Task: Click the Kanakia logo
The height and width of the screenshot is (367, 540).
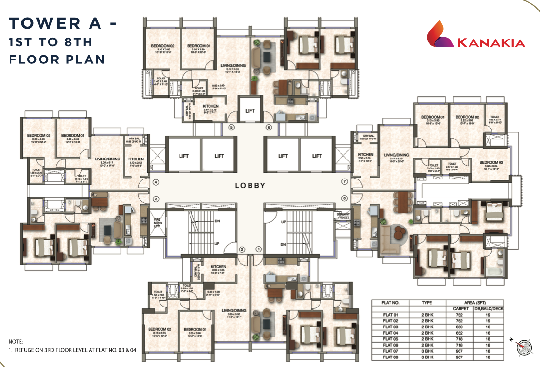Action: tap(475, 37)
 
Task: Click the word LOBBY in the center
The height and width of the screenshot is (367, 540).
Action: tap(250, 186)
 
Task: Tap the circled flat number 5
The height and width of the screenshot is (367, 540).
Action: tap(232, 127)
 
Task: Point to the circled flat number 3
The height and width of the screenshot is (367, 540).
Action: tap(155, 198)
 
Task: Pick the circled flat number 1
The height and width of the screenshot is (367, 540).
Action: tap(259, 249)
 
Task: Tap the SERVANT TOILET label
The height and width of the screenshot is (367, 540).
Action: tap(344, 216)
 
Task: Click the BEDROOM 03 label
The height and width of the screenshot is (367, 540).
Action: tap(491, 162)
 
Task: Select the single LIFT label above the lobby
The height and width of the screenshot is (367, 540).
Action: tap(250, 111)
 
